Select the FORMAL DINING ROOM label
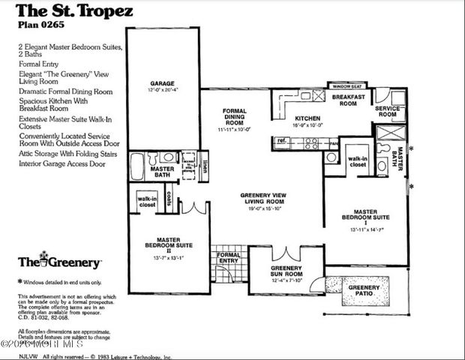[x=234, y=119]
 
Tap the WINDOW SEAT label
[x=347, y=86]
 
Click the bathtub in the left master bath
[x=137, y=166]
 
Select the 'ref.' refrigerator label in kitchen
[x=283, y=139]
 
